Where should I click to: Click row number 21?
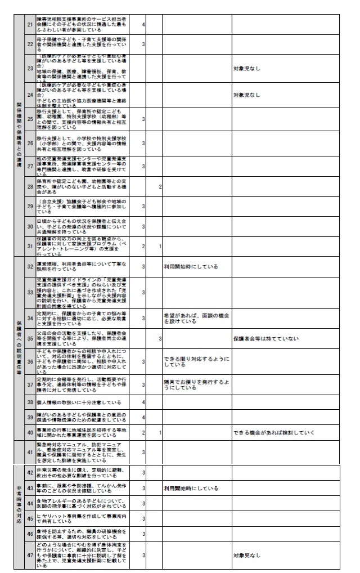coord(30,25)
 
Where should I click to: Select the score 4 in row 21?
coord(144,25)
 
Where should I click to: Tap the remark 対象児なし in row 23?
coord(247,69)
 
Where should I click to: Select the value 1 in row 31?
coord(160,246)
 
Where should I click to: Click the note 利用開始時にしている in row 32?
coord(191,266)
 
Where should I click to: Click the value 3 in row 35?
coord(160,338)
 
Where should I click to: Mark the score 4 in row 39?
coord(144,417)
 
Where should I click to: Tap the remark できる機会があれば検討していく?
coord(269,432)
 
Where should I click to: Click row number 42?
coord(30,472)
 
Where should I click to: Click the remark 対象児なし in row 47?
coord(247,555)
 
